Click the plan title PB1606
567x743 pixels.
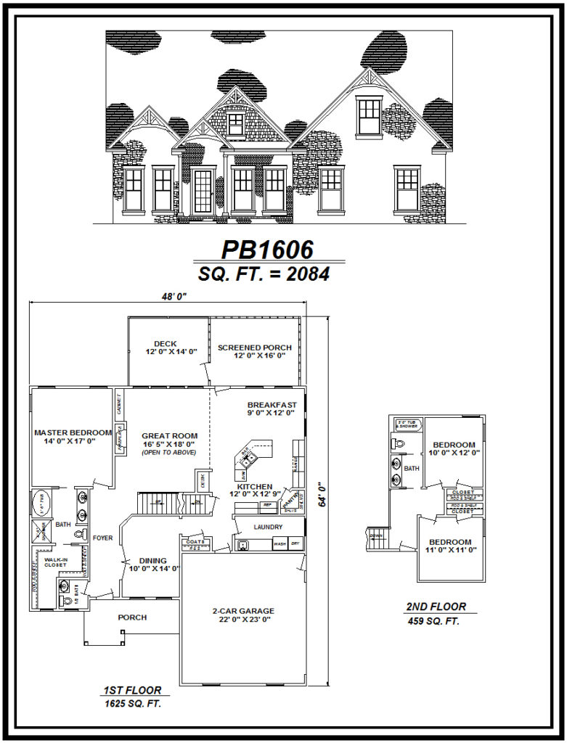click(x=267, y=250)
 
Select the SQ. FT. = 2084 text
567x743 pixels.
click(x=266, y=274)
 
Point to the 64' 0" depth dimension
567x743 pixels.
click(x=321, y=498)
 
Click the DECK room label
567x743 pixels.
click(x=166, y=344)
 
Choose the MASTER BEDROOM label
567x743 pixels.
click(x=73, y=433)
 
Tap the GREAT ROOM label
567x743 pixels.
click(x=170, y=436)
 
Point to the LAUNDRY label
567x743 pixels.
click(x=267, y=527)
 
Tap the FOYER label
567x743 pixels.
click(x=102, y=538)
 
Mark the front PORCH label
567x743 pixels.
click(x=132, y=617)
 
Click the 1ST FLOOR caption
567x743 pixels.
click(x=131, y=690)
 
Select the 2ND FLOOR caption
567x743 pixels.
click(x=436, y=607)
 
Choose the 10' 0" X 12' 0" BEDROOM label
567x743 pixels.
click(x=454, y=445)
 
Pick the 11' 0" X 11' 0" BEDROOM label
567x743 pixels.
click(x=449, y=542)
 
